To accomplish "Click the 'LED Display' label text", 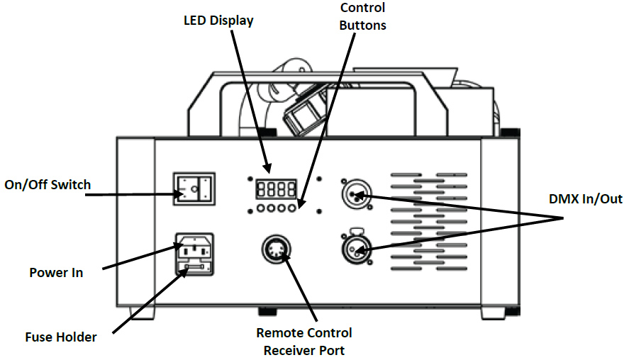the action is (218, 21).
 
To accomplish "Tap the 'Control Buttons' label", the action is (362, 16).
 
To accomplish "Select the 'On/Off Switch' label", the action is (48, 185).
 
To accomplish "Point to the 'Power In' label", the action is (56, 273).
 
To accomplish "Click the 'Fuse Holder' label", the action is (61, 337).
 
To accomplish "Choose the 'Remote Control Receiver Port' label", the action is (304, 342).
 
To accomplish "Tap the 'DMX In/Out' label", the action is (585, 199).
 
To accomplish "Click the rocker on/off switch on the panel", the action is (194, 189).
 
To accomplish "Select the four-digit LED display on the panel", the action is (276, 189).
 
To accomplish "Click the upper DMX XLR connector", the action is (356, 194).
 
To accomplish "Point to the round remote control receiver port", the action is (276, 249).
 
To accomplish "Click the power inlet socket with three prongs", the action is (194, 249).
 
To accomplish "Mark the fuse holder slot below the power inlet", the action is (194, 267).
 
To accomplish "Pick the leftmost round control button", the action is (261, 208).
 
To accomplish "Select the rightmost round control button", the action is (291, 208).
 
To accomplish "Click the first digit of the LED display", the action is (261, 189).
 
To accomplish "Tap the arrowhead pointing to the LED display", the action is (267, 169).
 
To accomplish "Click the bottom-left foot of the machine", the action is (142, 313).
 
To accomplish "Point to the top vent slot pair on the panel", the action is (429, 175).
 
